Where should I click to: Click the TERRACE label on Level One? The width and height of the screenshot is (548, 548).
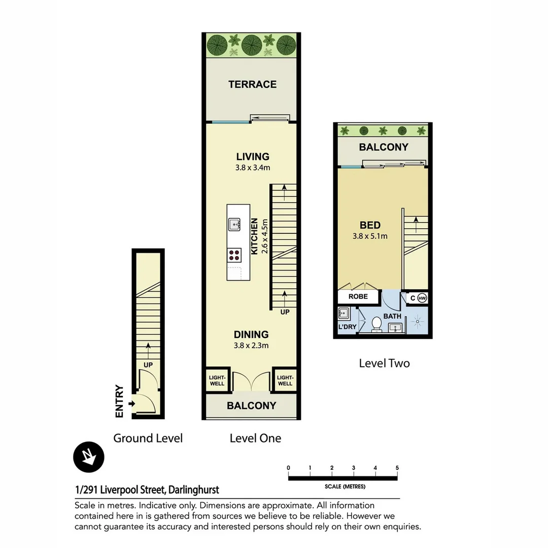click(252, 84)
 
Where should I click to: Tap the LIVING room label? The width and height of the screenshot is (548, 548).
click(253, 157)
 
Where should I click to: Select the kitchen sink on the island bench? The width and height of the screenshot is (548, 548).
click(234, 224)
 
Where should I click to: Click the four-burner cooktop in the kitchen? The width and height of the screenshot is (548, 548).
click(234, 255)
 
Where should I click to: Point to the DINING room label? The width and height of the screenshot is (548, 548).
click(251, 334)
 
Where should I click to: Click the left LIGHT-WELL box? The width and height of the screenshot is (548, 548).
click(217, 380)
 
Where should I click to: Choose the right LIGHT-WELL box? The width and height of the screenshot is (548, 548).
click(285, 380)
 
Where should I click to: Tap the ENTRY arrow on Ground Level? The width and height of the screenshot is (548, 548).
click(131, 404)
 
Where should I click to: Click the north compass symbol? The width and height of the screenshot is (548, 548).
click(89, 457)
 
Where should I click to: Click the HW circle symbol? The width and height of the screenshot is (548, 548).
click(422, 298)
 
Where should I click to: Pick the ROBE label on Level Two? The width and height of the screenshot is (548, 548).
click(358, 296)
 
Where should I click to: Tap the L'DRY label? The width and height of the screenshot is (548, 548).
click(348, 327)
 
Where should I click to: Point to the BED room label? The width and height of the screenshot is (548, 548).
click(370, 225)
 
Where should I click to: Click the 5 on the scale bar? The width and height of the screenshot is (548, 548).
click(397, 468)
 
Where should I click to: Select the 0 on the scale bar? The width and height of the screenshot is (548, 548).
click(288, 468)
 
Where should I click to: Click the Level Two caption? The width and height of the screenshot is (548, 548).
click(385, 363)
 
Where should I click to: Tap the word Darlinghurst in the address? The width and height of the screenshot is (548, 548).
click(194, 490)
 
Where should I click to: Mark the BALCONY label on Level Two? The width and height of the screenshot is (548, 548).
click(384, 147)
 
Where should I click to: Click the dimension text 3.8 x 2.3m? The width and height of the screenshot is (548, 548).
click(251, 346)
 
